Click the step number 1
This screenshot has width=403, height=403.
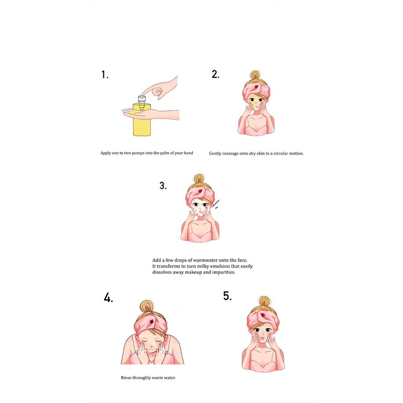104,75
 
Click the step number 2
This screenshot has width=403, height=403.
216,74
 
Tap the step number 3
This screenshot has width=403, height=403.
163,185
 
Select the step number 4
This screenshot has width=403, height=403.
108,298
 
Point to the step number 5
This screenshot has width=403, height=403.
227,296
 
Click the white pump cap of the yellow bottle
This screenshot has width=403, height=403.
142,98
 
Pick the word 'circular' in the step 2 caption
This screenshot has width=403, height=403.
281,154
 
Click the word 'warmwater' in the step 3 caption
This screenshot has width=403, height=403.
205,260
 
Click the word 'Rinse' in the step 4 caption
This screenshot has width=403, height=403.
126,377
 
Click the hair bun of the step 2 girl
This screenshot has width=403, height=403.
255,75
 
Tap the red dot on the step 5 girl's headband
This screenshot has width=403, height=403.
262,315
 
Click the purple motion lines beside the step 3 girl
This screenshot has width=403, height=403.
217,204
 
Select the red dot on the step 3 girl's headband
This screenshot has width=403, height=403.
200,191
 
